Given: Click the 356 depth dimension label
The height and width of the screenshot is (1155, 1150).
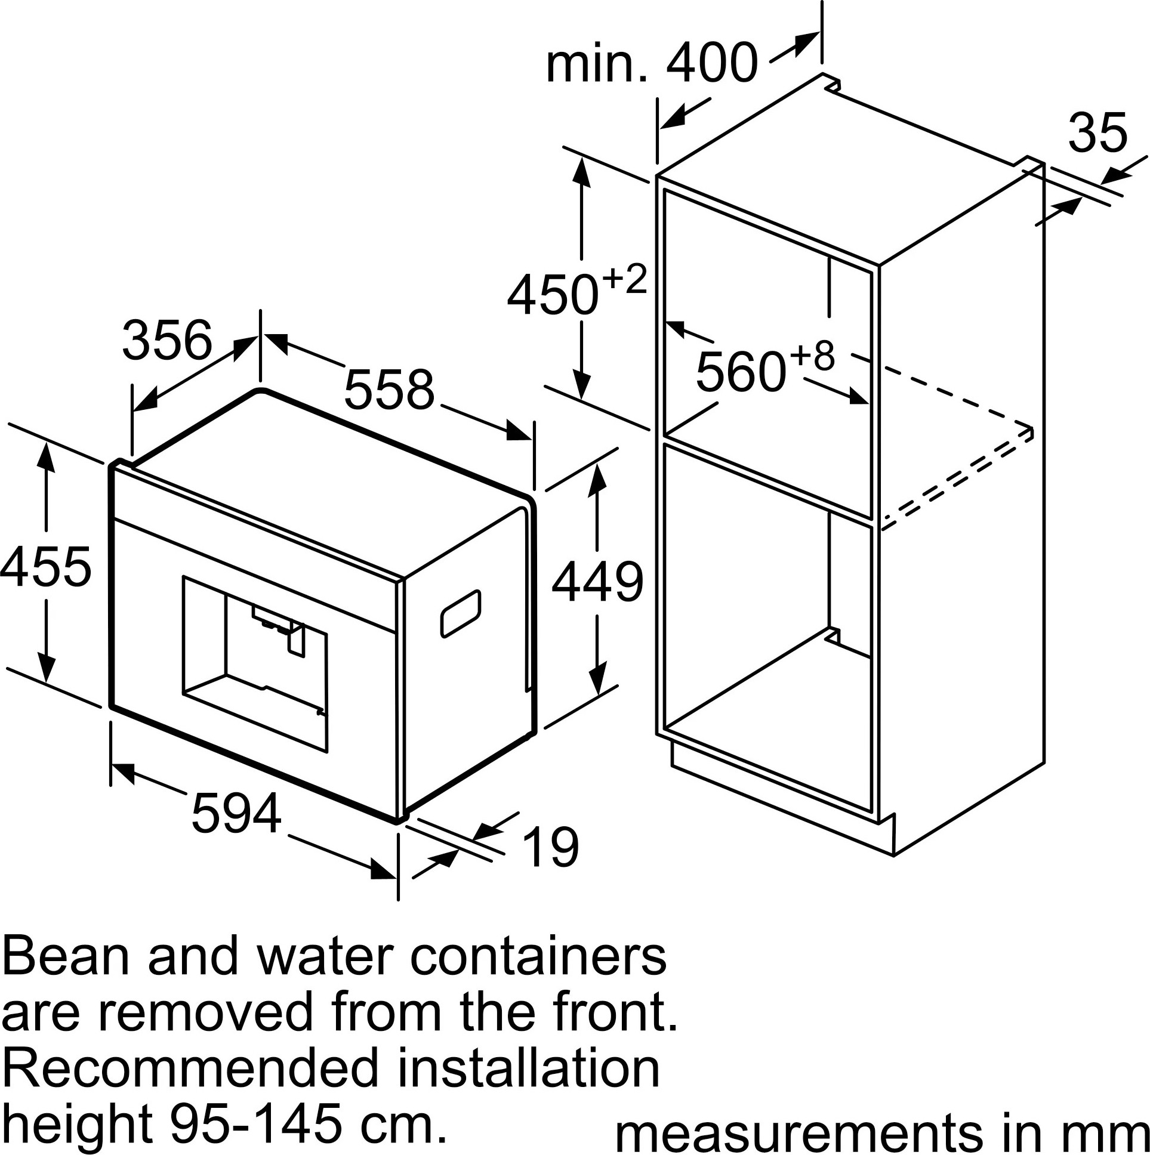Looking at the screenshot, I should pyautogui.click(x=167, y=340).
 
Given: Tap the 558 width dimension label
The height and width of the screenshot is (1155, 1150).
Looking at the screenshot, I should pyautogui.click(x=389, y=390).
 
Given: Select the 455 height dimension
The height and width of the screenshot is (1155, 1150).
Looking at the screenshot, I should pyautogui.click(x=46, y=566).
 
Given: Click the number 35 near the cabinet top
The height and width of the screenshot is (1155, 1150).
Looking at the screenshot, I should pyautogui.click(x=1097, y=132).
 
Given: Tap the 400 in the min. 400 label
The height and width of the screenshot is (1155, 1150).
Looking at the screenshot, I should pyautogui.click(x=711, y=63).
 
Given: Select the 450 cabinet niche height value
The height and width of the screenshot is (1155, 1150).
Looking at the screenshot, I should pyautogui.click(x=553, y=294).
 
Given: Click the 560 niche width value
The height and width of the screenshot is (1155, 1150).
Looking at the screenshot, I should pyautogui.click(x=741, y=372).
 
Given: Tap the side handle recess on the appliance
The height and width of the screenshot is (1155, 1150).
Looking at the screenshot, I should pyautogui.click(x=461, y=613).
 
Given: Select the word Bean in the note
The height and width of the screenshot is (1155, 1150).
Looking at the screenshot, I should pyautogui.click(x=66, y=958).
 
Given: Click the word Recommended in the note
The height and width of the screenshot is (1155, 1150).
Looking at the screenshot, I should pyautogui.click(x=192, y=1068).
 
